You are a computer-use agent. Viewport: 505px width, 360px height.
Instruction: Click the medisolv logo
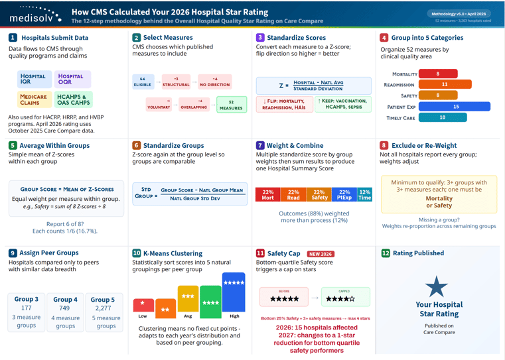tap(35, 15)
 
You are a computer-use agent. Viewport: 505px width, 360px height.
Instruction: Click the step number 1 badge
tap(13, 38)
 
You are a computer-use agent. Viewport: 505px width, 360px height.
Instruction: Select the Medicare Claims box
tap(33, 99)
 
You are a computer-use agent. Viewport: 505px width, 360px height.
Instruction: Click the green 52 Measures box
tap(231, 105)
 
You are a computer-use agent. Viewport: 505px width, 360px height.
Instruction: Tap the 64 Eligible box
tap(143, 82)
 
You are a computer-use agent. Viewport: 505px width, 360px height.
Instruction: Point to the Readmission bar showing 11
tap(445, 85)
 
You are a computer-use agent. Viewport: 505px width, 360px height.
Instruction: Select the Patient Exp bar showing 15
tap(455, 106)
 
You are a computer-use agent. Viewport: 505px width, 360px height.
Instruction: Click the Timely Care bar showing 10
tap(442, 117)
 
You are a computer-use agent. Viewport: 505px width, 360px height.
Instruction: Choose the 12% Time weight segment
tap(364, 194)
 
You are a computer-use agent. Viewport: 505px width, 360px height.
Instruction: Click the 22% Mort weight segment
tap(268, 194)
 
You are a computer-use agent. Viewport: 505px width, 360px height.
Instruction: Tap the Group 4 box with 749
tap(65, 312)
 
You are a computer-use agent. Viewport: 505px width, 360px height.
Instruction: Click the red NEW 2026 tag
tap(321, 254)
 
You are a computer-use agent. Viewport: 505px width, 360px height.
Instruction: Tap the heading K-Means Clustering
tap(173, 253)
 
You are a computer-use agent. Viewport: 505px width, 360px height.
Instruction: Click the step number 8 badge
tap(384, 145)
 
